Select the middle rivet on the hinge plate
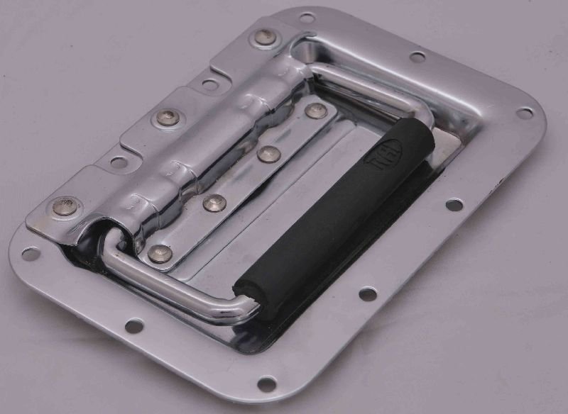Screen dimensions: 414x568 168,118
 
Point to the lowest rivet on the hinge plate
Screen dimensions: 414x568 65,206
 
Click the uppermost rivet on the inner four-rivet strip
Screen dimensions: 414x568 316,111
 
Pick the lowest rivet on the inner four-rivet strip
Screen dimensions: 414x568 160,253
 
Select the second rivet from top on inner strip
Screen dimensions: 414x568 268,153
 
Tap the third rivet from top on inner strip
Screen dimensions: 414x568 214,203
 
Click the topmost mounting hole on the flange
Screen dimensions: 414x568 307,17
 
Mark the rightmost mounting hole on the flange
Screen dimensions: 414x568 524,113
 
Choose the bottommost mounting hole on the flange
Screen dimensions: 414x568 266,384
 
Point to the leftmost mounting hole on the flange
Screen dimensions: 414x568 30,253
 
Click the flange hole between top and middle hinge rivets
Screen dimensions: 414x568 209,84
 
